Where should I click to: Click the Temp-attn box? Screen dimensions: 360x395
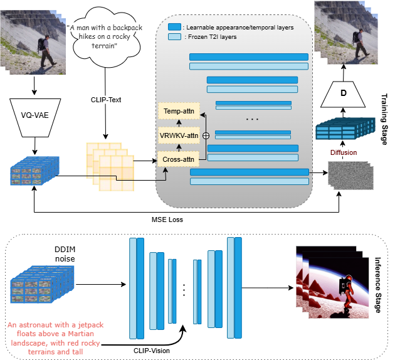178,112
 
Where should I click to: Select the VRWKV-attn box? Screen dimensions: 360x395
178,135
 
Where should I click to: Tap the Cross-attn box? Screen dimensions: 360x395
177,159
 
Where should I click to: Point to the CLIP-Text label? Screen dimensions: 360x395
105,99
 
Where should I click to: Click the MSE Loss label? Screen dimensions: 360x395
167,220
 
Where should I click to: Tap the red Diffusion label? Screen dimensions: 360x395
343,152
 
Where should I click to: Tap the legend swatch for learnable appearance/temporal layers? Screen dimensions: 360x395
174,28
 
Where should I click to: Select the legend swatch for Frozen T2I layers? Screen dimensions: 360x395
174,38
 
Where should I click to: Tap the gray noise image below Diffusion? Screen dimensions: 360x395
349,176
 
